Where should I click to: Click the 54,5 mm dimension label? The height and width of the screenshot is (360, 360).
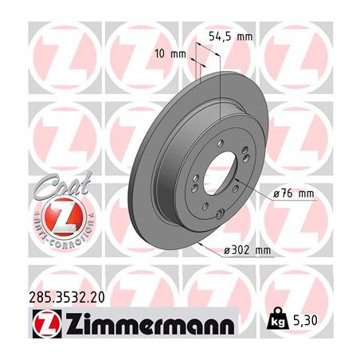point(231,37)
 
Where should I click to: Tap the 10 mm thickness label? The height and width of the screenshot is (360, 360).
point(170,54)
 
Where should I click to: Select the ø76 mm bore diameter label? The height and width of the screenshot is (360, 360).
point(294,194)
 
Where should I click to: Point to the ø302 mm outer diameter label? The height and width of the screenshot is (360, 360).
point(247,250)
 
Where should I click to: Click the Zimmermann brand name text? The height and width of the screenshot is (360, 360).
point(150,323)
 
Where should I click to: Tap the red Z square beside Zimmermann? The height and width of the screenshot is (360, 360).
point(47,323)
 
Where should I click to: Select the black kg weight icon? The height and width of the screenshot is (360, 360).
point(278,319)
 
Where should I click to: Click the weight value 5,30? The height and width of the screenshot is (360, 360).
point(305,321)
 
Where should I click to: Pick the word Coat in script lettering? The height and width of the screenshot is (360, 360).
point(62,184)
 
